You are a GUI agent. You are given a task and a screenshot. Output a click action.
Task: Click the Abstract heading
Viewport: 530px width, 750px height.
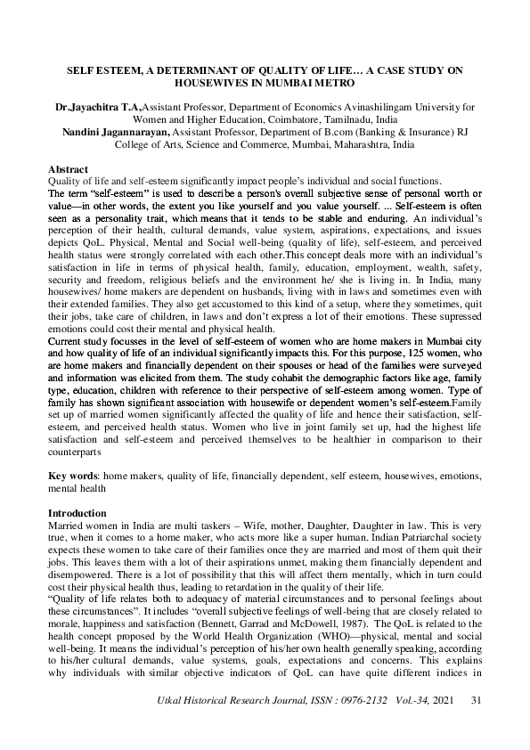pyautogui.click(x=68, y=169)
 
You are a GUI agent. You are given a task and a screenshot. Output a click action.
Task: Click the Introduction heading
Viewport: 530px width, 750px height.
pyautogui.click(x=77, y=514)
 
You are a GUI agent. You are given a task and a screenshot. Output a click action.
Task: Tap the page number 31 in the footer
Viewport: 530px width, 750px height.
pyautogui.click(x=475, y=727)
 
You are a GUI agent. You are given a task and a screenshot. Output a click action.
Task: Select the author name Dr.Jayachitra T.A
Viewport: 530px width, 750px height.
pyautogui.click(x=98, y=105)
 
